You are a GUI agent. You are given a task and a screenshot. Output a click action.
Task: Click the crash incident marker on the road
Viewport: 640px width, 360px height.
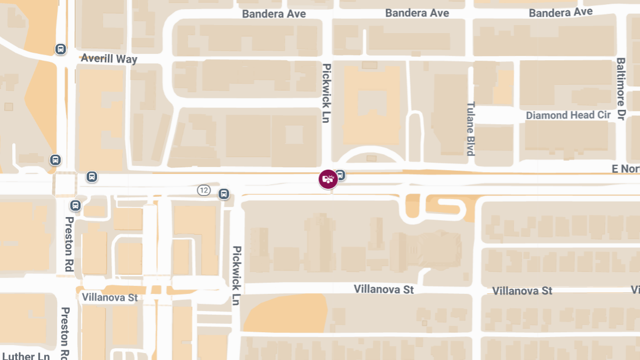(328, 179)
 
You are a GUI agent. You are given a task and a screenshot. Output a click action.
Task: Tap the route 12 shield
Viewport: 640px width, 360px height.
(204, 190)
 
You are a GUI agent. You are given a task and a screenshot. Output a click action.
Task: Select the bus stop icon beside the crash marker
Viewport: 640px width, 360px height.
(340, 174)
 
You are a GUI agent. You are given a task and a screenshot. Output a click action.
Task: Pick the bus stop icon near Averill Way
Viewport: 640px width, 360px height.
(61, 50)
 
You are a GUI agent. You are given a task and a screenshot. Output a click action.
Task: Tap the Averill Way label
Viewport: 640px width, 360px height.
(109, 59)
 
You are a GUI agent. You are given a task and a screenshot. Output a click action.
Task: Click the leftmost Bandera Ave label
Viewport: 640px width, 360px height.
(274, 14)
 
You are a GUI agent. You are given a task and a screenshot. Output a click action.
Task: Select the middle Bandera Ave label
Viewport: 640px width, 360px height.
(417, 13)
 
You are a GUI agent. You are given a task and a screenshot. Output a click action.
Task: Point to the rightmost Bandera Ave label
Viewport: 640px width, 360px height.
(561, 12)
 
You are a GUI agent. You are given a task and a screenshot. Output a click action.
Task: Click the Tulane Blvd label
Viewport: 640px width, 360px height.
(470, 129)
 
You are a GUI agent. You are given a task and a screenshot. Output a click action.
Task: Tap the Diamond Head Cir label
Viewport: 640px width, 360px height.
(568, 115)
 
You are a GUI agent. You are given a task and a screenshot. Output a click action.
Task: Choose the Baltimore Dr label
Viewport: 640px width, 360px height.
(620, 89)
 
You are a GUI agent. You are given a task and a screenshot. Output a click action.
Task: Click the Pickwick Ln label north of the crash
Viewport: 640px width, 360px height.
(326, 93)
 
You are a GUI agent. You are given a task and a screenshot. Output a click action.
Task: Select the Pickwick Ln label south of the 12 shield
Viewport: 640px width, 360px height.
(236, 275)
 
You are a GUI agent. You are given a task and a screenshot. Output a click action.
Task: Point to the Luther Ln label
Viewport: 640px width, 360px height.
(26, 356)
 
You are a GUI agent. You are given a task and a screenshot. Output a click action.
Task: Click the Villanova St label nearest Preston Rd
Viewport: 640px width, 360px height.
(110, 297)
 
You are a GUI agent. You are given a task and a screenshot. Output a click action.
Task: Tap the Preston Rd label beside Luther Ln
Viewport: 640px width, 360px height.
(66, 333)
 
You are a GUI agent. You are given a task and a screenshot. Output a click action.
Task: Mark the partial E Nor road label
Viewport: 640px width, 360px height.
(625, 169)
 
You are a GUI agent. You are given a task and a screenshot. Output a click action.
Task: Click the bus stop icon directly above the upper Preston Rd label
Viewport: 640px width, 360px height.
(76, 205)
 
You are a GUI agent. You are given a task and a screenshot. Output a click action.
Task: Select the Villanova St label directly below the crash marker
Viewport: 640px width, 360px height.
(383, 289)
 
